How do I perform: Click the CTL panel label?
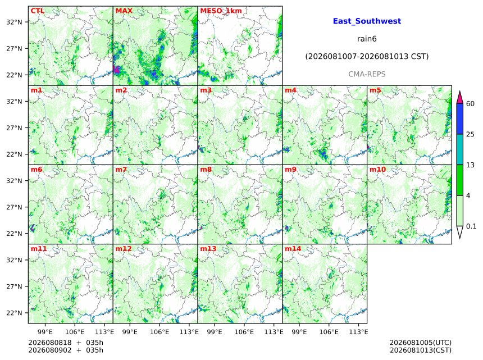[38, 11]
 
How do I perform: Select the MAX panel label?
[124, 11]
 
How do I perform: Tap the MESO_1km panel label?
[221, 11]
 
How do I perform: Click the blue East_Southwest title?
[367, 21]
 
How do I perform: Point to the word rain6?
[367, 39]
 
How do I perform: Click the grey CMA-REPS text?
[367, 74]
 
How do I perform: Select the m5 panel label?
[375, 90]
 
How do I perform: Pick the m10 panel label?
[377, 170]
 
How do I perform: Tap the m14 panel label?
[293, 249]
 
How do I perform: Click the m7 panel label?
[121, 170]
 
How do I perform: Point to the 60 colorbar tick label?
[470, 103]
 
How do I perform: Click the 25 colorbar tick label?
[470, 134]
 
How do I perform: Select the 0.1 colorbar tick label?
[471, 226]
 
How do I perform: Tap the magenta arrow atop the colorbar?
[459, 98]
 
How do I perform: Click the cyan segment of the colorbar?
[459, 149]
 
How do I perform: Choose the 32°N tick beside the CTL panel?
[14, 22]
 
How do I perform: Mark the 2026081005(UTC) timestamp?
[421, 343]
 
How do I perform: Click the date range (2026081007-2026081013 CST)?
[367, 57]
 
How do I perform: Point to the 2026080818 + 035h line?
[66, 343]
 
